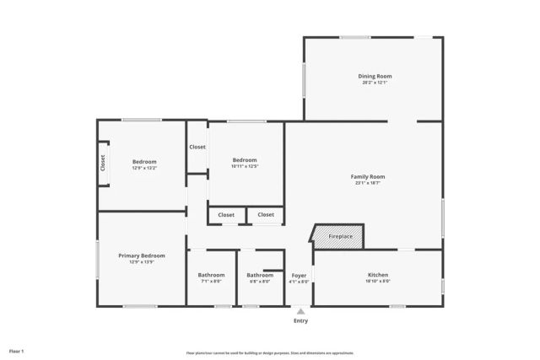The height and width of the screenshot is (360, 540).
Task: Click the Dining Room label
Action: (x=375, y=76)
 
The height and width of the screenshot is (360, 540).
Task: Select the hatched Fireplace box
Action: (x=339, y=237)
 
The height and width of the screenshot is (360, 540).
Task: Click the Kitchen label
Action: (x=378, y=275)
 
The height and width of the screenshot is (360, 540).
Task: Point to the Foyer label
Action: (x=300, y=275)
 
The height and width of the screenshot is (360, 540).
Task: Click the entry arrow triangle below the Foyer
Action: (x=300, y=311)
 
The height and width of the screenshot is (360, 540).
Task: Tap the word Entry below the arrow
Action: (x=300, y=321)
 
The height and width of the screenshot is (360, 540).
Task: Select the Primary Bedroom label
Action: (x=141, y=255)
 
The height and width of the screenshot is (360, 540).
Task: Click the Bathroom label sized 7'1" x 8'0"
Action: (x=211, y=275)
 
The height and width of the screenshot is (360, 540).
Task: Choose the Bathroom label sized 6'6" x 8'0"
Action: (x=259, y=275)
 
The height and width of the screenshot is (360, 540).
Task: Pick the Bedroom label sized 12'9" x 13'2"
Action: (x=144, y=162)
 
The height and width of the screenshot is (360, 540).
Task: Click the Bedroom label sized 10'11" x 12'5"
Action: (x=245, y=160)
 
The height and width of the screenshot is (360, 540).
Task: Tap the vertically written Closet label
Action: (x=103, y=162)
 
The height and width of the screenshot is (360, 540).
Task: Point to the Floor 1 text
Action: (x=17, y=350)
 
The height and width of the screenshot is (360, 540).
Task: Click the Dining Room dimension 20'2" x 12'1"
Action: (x=375, y=83)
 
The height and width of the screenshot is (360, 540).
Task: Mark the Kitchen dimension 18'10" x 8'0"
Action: (x=378, y=282)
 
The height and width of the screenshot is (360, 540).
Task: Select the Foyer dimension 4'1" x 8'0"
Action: (x=300, y=282)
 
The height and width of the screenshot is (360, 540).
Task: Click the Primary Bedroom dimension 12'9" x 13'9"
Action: (x=141, y=262)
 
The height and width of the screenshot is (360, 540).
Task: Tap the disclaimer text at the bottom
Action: (x=270, y=353)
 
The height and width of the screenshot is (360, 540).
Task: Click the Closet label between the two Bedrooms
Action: (x=197, y=147)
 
